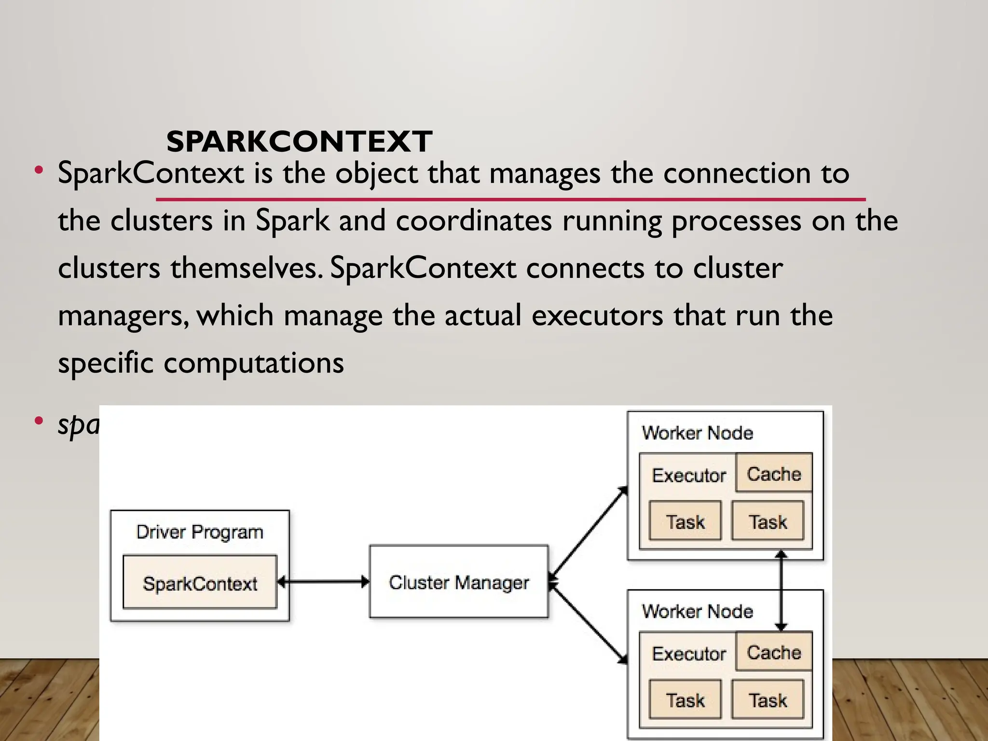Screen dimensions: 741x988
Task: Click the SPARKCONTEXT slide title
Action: click(x=299, y=141)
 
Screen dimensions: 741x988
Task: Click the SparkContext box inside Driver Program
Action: click(x=200, y=583)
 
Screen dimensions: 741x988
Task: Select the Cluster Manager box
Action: click(x=459, y=582)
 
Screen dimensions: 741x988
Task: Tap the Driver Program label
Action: click(x=200, y=532)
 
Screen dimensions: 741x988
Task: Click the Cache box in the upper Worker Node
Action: click(x=774, y=473)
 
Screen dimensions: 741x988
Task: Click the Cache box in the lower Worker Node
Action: click(x=774, y=652)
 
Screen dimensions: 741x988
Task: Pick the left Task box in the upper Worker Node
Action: click(x=685, y=521)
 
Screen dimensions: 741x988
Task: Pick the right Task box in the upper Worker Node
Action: click(x=768, y=521)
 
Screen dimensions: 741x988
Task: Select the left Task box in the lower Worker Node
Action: click(x=685, y=700)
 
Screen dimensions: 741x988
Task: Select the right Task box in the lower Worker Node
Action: click(x=768, y=700)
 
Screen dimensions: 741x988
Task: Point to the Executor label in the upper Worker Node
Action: click(x=689, y=475)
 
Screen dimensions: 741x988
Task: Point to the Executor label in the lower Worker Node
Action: click(x=689, y=654)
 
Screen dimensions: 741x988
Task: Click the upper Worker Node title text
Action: click(x=698, y=433)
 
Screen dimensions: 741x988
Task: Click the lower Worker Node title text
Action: click(x=698, y=611)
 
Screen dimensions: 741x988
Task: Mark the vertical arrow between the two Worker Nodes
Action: click(x=782, y=590)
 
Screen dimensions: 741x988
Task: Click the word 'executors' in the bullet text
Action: click(x=597, y=316)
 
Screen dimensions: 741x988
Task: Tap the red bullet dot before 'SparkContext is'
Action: click(x=39, y=170)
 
